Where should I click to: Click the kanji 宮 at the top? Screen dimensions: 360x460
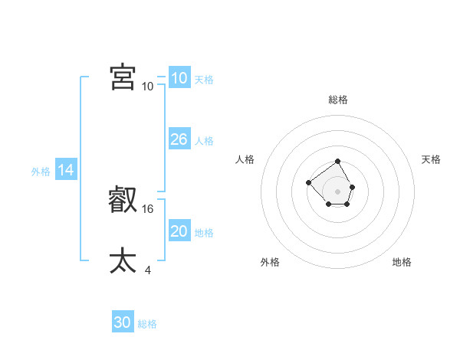click(123, 77)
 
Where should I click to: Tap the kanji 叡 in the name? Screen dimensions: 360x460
click(123, 201)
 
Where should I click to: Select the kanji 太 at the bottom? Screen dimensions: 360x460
click(123, 261)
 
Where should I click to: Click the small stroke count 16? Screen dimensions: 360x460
click(149, 208)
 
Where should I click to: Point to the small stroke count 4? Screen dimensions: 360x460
click(147, 270)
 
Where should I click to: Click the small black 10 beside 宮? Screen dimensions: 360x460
click(148, 86)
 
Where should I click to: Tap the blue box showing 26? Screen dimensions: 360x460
click(179, 139)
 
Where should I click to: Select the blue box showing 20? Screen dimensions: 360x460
click(179, 231)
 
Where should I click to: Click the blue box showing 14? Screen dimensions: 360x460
click(66, 170)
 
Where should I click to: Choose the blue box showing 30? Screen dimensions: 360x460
click(123, 322)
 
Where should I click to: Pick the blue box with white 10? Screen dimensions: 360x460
click(179, 77)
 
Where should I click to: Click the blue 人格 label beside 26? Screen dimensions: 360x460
click(204, 141)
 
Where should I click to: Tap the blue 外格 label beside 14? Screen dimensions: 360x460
click(41, 172)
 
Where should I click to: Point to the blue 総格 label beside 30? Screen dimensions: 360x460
click(147, 324)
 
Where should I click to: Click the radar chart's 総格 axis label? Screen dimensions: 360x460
click(338, 100)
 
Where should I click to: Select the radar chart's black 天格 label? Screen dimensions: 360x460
click(431, 159)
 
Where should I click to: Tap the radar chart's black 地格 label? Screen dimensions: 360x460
click(402, 262)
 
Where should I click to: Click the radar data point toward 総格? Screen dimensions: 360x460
click(338, 162)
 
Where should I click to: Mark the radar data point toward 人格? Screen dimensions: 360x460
click(308, 182)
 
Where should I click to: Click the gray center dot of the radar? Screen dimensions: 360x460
click(338, 191)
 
